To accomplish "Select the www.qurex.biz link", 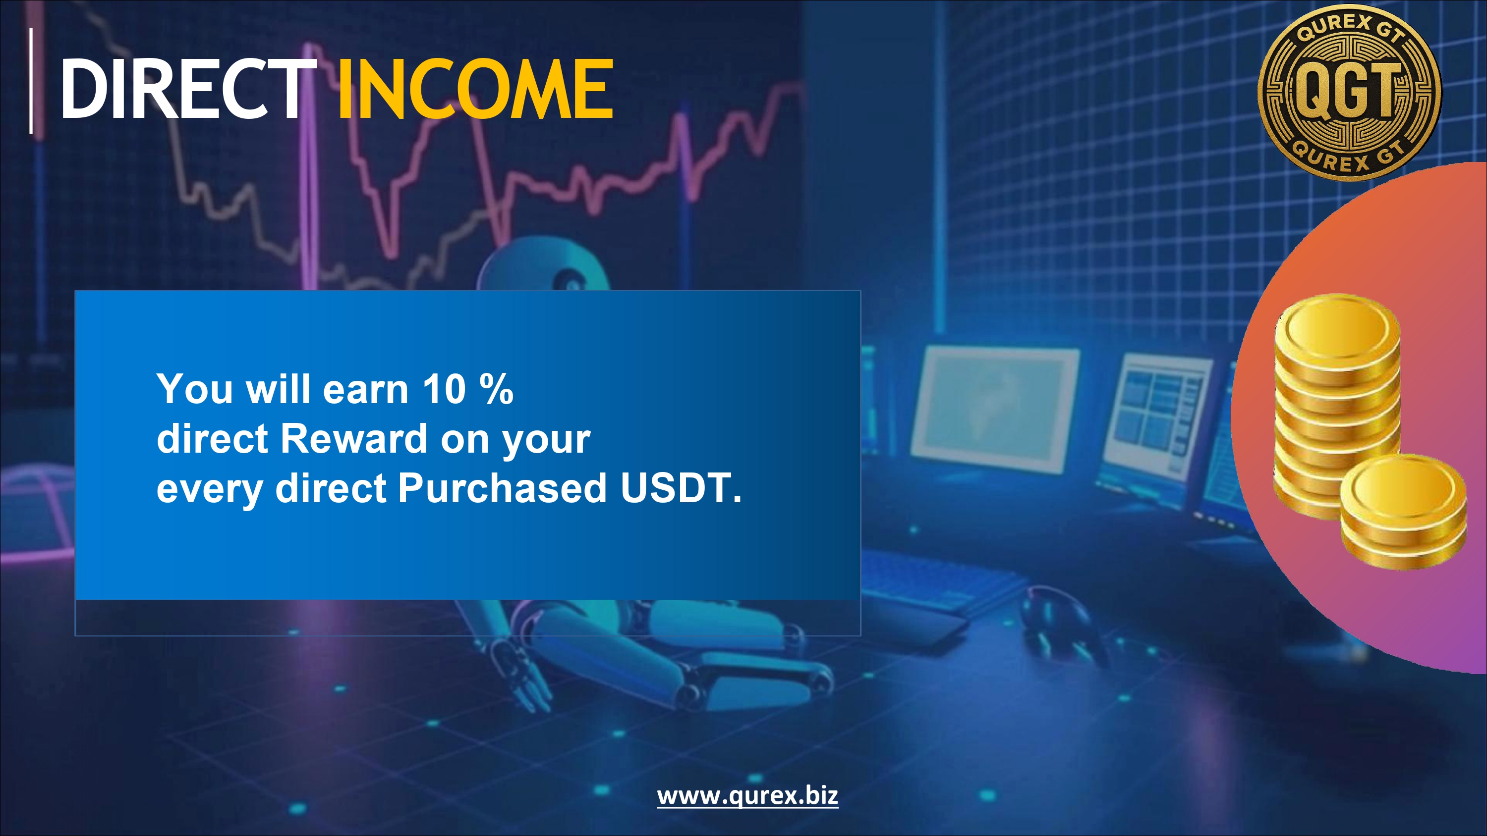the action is pos(747,796).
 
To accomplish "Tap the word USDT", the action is pos(680,488).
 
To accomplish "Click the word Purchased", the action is pos(502,488).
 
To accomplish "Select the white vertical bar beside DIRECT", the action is pos(31,81).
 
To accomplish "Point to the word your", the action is pos(546,442).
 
